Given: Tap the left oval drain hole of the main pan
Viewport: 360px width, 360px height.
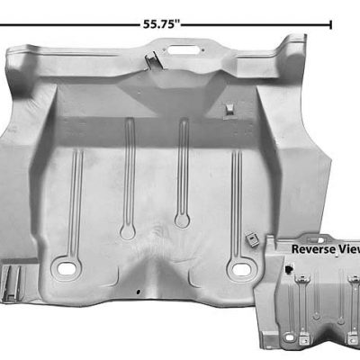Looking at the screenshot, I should (66, 267).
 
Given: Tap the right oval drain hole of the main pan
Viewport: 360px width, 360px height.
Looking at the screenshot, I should (238, 267).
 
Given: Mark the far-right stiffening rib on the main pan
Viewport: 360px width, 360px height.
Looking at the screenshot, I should (237, 193).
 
